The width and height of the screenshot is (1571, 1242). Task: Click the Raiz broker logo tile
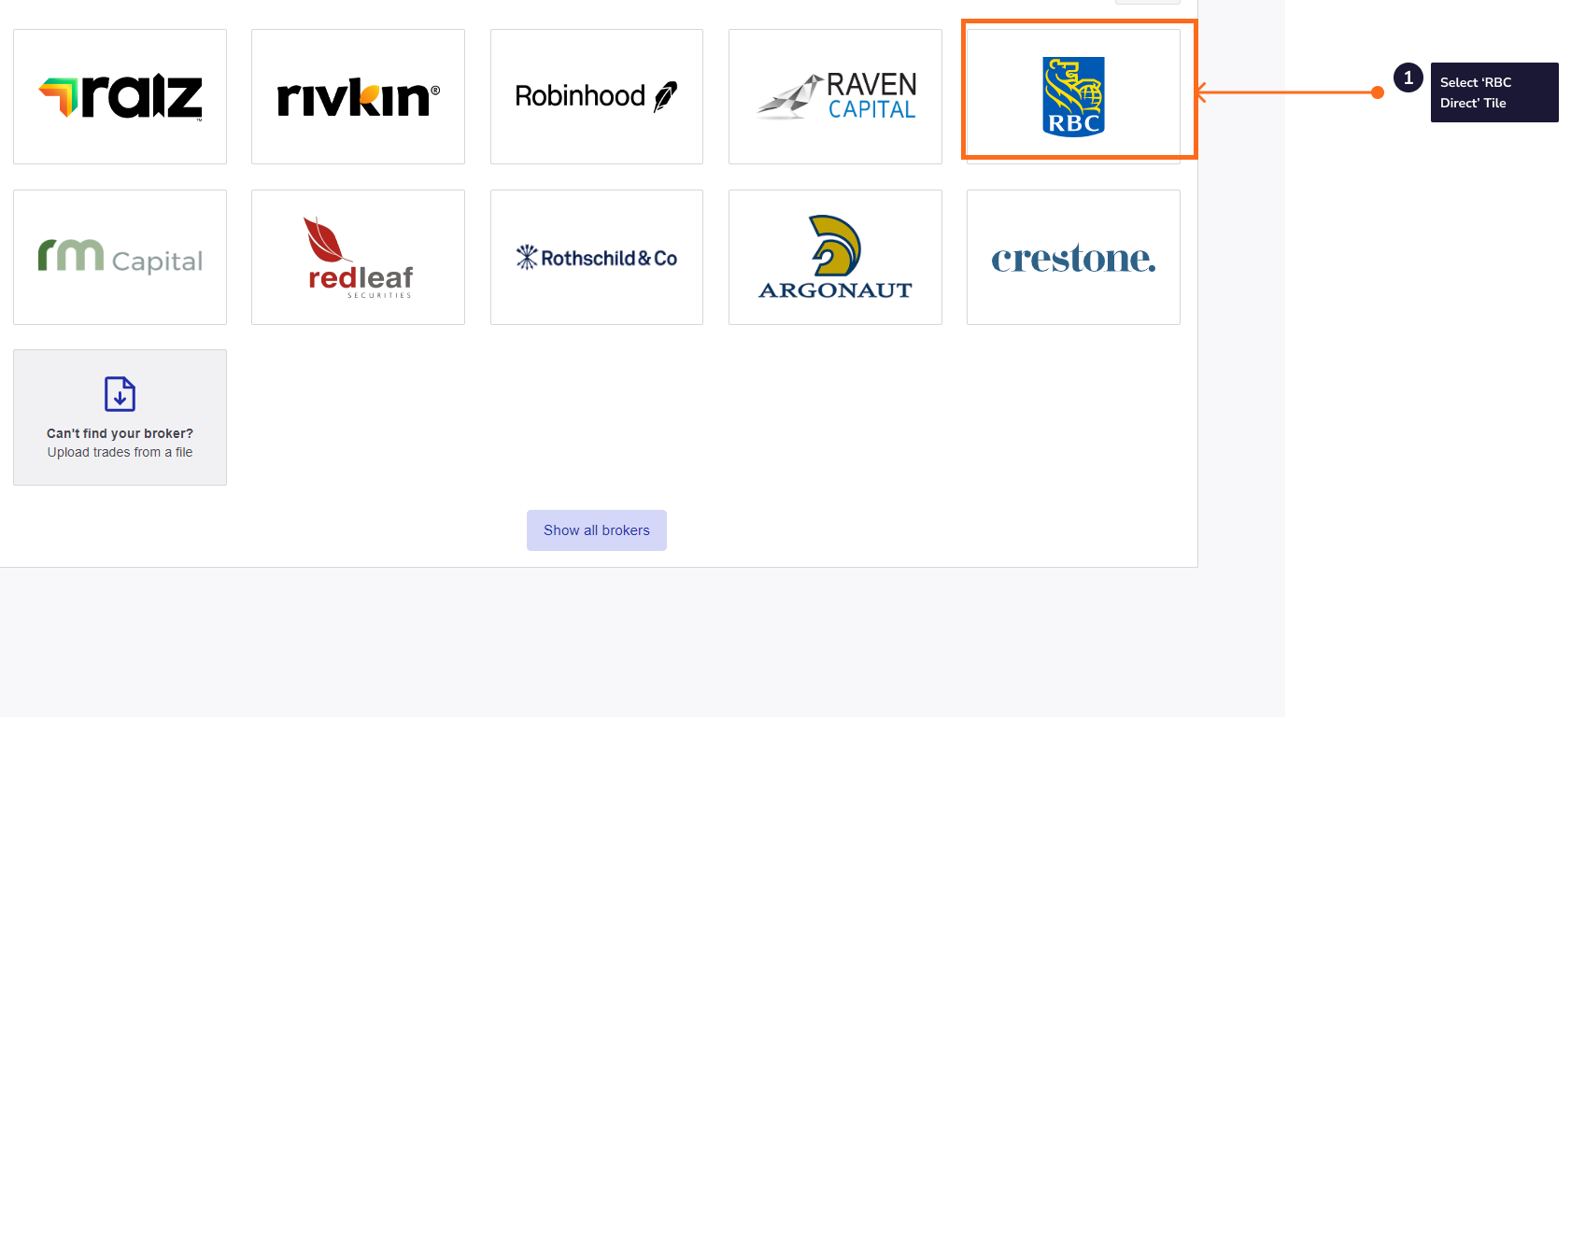(x=120, y=96)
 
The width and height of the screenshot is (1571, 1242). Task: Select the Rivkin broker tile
(x=358, y=96)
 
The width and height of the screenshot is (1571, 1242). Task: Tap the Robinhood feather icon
(x=665, y=96)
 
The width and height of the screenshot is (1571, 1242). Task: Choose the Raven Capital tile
(x=835, y=96)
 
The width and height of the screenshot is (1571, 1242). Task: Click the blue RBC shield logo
(x=1073, y=96)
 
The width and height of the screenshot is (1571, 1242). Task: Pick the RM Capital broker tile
(x=120, y=257)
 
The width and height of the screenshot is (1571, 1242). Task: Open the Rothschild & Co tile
(x=597, y=257)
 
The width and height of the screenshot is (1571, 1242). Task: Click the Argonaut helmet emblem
(x=835, y=245)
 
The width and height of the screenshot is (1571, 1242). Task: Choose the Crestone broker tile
(x=1073, y=257)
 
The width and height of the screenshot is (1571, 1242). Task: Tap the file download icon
(x=120, y=394)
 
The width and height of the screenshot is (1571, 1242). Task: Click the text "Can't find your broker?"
(x=120, y=433)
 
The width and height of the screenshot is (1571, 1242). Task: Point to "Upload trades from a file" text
(x=120, y=452)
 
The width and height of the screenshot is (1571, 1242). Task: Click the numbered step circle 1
(x=1408, y=78)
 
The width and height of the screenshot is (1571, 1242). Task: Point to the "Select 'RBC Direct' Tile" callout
(x=1493, y=92)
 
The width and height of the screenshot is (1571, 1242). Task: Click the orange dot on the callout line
(x=1378, y=92)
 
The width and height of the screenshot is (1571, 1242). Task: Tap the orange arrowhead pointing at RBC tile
(x=1201, y=92)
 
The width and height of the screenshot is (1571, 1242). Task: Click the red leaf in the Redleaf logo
(x=323, y=240)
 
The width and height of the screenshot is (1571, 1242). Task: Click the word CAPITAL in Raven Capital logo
(x=871, y=110)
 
